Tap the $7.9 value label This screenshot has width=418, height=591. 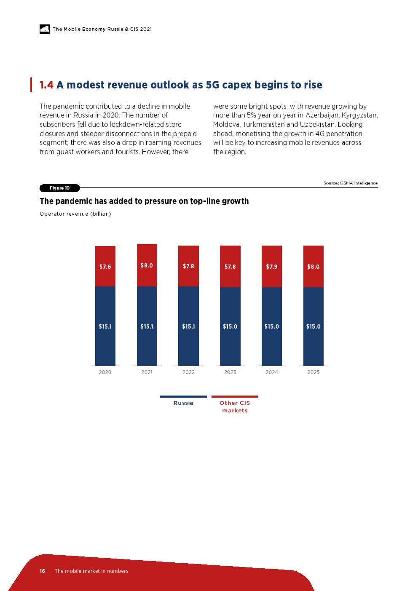pos(272,267)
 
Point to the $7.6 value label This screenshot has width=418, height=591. pos(105,267)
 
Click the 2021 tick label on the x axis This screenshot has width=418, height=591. pos(147,372)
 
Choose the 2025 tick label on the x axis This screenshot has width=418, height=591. pos(313,372)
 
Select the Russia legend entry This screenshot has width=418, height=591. pos(183,403)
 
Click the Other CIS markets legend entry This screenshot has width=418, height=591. pos(235,406)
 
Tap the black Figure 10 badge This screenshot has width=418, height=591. pos(59,188)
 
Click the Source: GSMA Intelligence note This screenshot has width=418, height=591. pos(350,183)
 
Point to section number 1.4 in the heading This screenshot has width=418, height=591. pos(46,85)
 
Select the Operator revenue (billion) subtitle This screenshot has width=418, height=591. pos(75,214)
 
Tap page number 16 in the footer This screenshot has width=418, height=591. pos(42,571)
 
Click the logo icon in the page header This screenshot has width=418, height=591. pos(45,29)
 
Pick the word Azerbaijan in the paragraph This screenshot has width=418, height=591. pos(322,115)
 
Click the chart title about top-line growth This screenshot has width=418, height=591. pos(144,201)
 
